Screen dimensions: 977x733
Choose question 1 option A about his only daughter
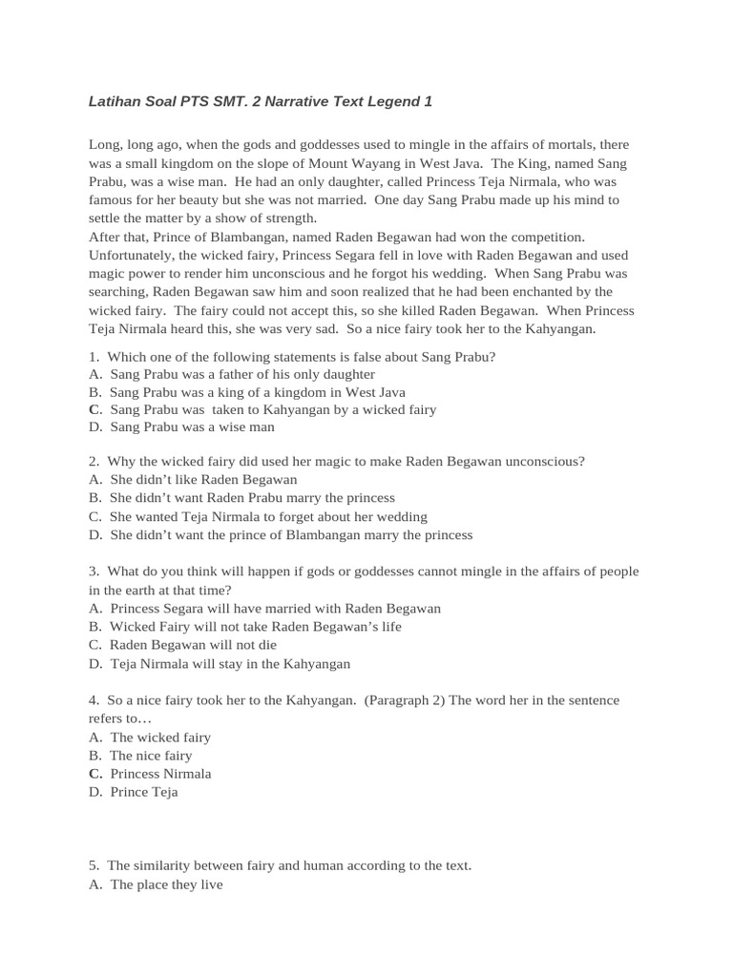click(241, 375)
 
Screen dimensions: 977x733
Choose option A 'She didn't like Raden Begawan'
click(203, 480)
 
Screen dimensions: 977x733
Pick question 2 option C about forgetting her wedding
click(268, 516)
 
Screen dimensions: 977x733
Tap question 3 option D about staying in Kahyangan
click(230, 663)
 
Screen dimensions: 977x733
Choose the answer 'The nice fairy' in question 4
click(151, 756)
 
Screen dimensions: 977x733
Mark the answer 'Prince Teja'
click(143, 792)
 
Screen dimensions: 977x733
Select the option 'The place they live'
click(166, 884)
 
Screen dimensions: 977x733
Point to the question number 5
click(94, 866)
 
